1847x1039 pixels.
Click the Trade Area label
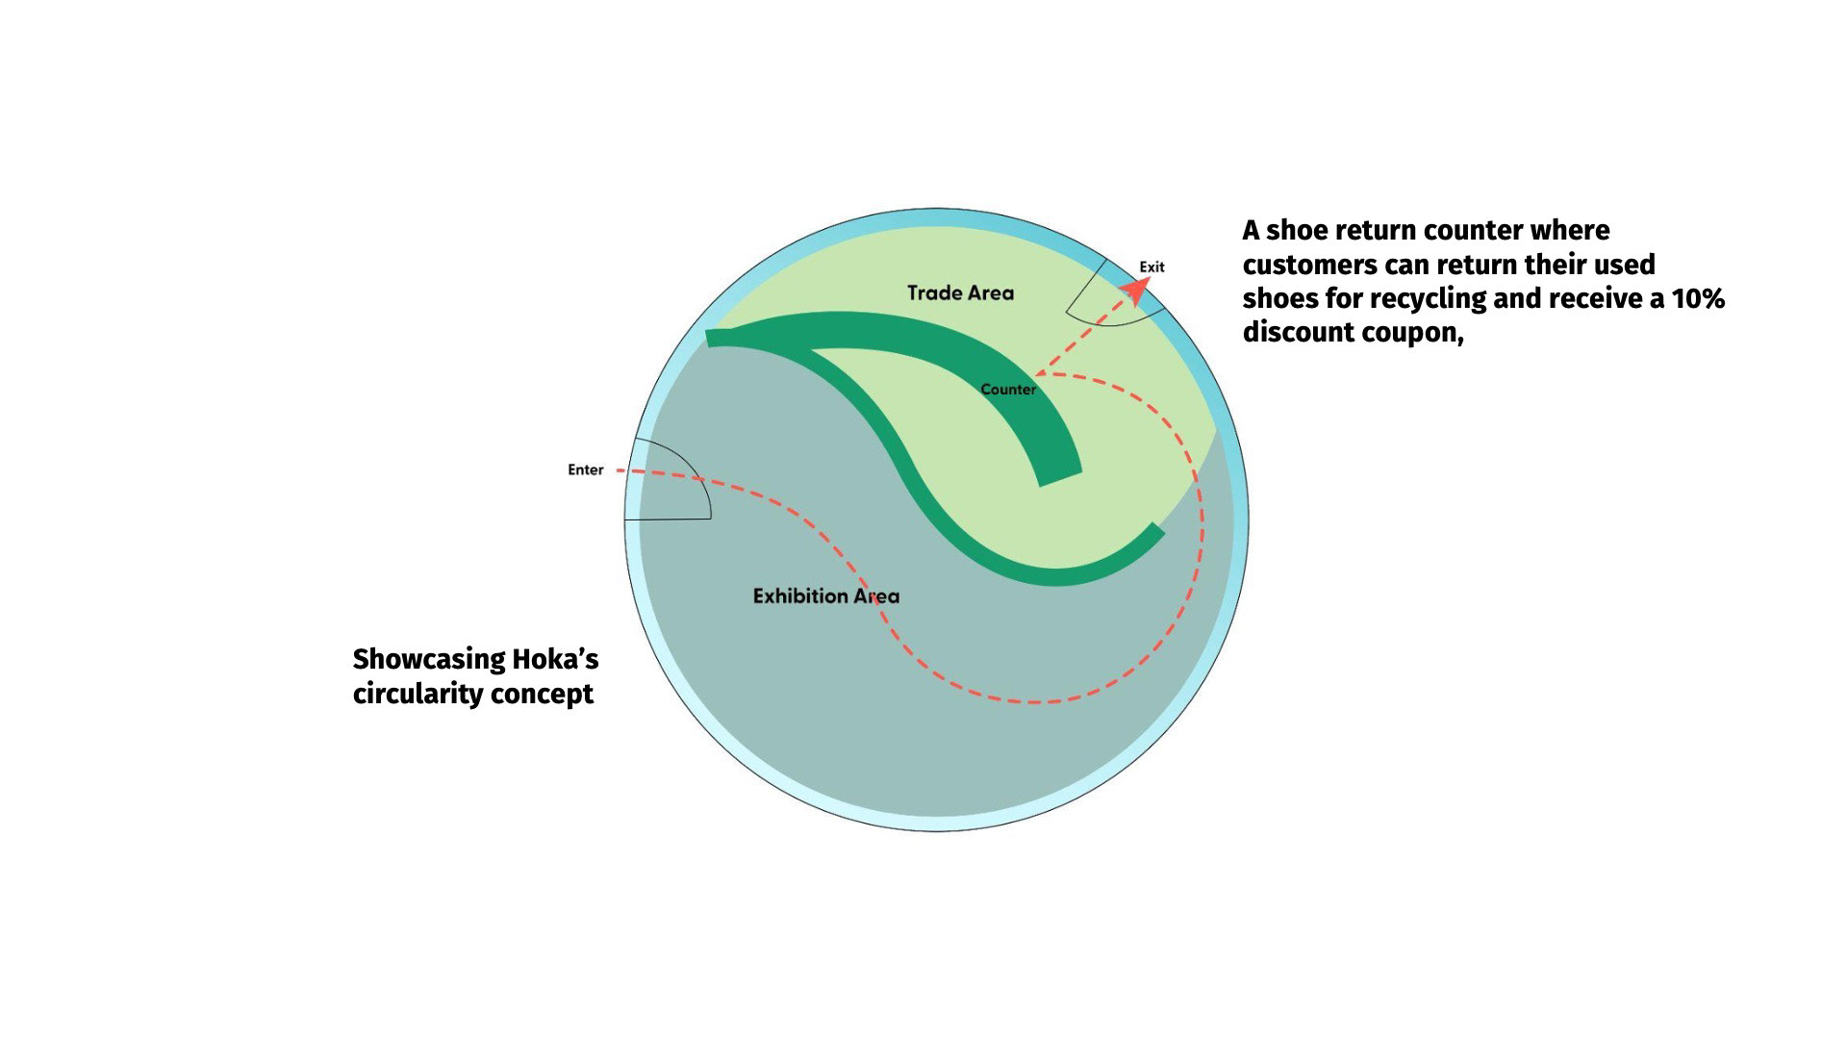pyautogui.click(x=960, y=292)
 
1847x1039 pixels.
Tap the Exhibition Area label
pyautogui.click(x=825, y=596)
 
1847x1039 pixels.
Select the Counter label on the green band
pyautogui.click(x=1008, y=390)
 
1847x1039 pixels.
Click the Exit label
pyautogui.click(x=1151, y=266)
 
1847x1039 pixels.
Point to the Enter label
pyautogui.click(x=585, y=470)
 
